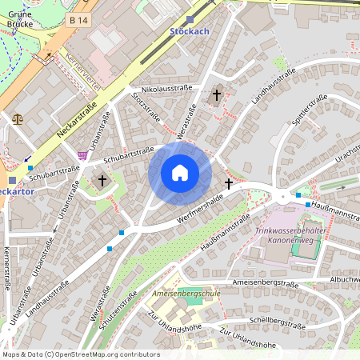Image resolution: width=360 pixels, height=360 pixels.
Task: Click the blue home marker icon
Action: pyautogui.click(x=180, y=173)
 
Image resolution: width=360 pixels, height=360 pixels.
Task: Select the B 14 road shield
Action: pyautogui.click(x=78, y=19)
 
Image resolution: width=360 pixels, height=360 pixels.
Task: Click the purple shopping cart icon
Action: pyautogui.click(x=82, y=154)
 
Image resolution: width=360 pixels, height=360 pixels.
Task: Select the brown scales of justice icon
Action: pyautogui.click(x=18, y=116)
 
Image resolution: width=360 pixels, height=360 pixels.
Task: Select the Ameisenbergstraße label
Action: pyautogui.click(x=264, y=283)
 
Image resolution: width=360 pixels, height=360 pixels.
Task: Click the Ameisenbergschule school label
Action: pyautogui.click(x=186, y=294)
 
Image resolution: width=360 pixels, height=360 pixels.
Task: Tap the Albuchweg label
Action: pyautogui.click(x=345, y=278)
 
